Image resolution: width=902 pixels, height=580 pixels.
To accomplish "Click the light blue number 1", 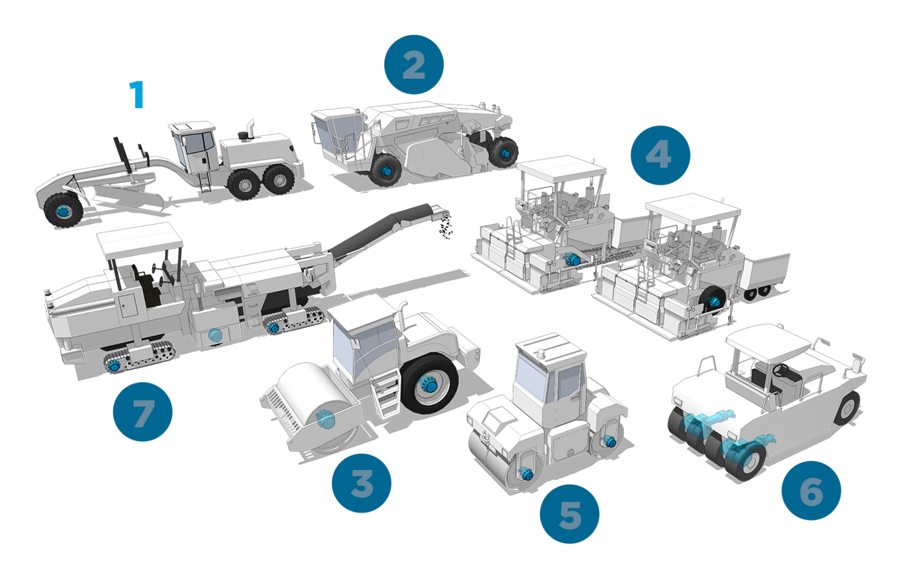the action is tap(137, 95).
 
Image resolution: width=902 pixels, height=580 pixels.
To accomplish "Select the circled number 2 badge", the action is tap(414, 65).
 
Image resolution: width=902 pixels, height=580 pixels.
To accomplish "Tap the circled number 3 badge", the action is tap(361, 483).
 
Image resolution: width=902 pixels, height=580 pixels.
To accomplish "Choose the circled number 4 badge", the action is tap(660, 155).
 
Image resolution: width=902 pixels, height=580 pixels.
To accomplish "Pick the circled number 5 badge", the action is tap(570, 514).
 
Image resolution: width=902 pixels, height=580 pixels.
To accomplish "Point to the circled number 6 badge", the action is tap(811, 491).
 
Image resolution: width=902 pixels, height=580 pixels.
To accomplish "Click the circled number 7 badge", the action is tap(142, 411).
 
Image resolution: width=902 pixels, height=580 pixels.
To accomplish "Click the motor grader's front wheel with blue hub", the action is tap(63, 210).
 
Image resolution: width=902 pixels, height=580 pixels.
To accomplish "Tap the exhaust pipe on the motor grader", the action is tap(251, 129).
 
